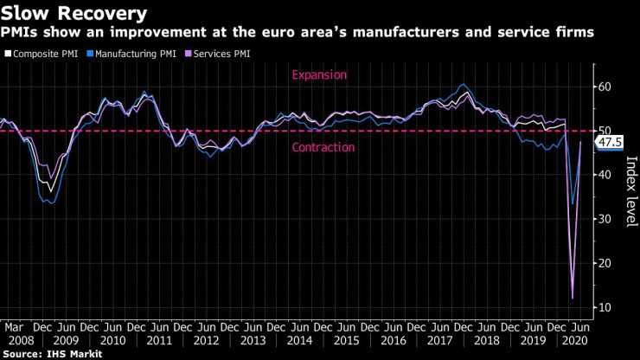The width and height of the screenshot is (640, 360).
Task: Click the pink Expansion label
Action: [320, 75]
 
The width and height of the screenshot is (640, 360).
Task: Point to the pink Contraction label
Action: [323, 147]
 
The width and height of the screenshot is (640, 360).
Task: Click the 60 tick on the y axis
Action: [605, 87]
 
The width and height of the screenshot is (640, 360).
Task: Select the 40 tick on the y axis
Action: [605, 175]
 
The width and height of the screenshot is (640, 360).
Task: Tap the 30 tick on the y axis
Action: [605, 219]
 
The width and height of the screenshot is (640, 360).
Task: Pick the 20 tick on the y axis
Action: [605, 263]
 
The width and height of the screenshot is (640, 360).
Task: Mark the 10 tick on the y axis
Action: [605, 307]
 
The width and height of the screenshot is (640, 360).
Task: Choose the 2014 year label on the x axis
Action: [298, 340]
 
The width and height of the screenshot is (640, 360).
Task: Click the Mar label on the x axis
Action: [13, 327]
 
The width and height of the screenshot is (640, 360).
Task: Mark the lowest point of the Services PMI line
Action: [572, 299]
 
